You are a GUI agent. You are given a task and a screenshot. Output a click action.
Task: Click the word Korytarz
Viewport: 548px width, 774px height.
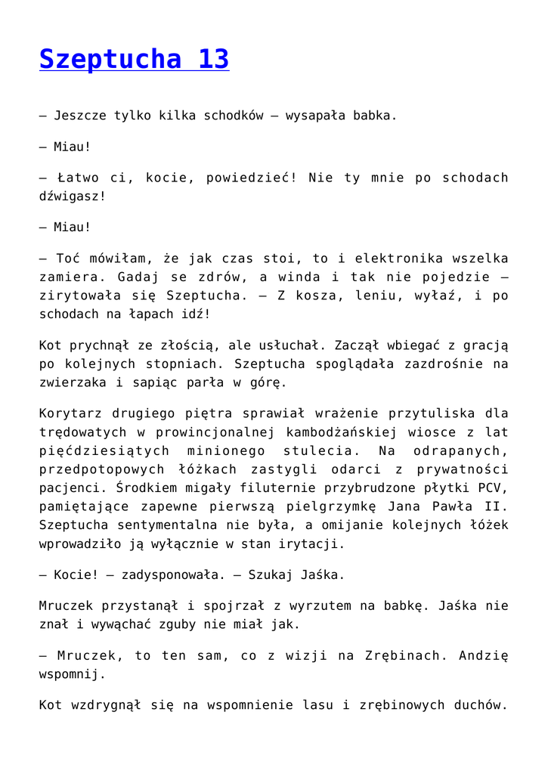69,413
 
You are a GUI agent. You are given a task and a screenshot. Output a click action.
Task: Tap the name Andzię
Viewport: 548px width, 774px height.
484,655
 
